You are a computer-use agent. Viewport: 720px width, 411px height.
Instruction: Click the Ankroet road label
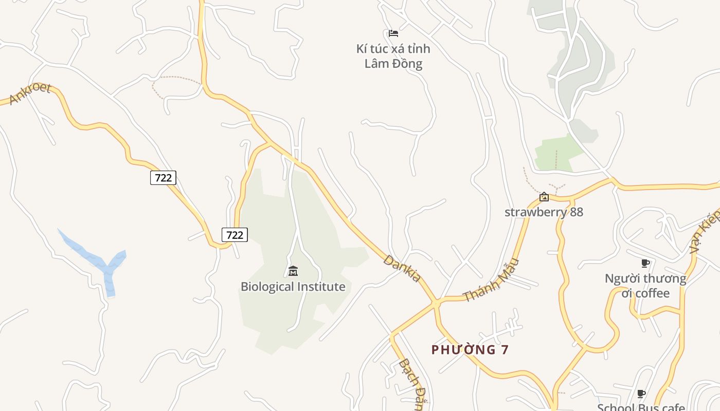coord(30,93)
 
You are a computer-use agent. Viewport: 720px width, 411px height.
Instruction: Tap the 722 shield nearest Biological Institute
coord(235,235)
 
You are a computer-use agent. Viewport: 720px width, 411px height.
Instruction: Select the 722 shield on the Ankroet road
coord(163,178)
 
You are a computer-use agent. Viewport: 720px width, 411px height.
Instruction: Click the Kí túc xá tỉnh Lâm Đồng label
coord(393,57)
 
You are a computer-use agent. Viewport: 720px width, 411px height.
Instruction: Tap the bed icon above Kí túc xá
coord(393,33)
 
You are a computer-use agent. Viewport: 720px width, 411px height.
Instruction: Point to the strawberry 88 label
coord(544,212)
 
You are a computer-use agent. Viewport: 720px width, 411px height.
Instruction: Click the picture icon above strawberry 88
coord(544,197)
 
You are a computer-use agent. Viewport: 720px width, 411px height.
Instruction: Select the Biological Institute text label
coord(293,287)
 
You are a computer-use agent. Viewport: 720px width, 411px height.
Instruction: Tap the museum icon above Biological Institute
coord(293,271)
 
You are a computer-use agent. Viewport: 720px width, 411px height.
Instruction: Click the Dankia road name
coord(402,268)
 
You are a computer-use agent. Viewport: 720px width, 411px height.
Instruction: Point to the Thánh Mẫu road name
coord(492,281)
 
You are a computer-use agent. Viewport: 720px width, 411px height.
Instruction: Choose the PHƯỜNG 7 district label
coord(470,350)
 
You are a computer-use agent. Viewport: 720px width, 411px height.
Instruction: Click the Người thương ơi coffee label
coord(645,286)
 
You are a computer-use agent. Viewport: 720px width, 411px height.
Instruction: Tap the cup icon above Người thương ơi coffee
coord(645,264)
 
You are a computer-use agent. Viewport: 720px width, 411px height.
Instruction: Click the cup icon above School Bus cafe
coord(641,394)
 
